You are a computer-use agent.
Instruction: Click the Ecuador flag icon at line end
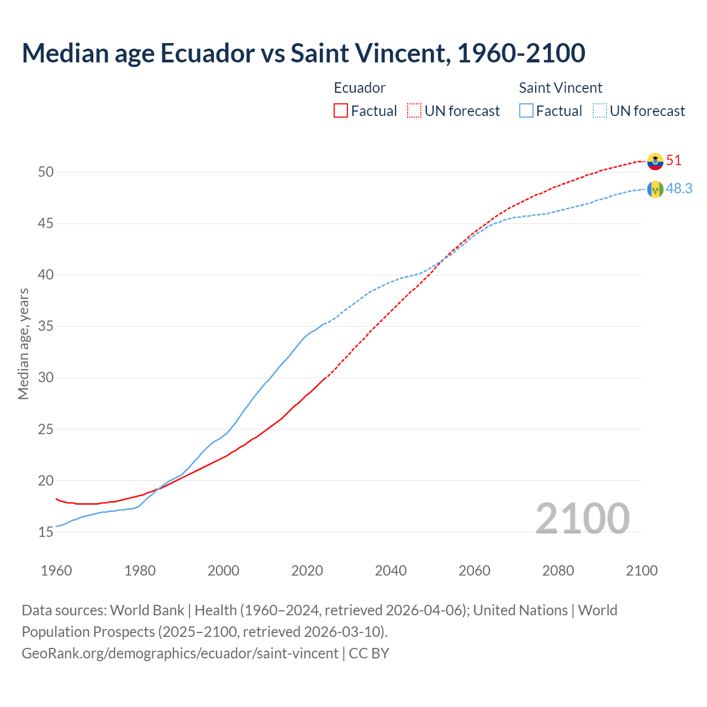tap(655, 161)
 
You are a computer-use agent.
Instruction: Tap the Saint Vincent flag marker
tap(655, 189)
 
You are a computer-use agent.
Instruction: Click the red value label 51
tap(674, 161)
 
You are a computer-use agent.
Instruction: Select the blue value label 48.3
tap(679, 189)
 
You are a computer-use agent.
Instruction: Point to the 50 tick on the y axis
tap(46, 172)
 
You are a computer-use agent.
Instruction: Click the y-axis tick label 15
tap(46, 532)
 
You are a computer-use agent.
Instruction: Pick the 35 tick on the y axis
tap(46, 326)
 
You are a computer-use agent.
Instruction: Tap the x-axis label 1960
tap(56, 571)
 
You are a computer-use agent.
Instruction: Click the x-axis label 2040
tap(391, 571)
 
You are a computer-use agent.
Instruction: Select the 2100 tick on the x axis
tap(641, 571)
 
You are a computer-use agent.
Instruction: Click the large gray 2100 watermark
tap(582, 518)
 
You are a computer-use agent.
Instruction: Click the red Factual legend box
tap(341, 110)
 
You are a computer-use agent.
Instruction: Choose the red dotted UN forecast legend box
tap(414, 110)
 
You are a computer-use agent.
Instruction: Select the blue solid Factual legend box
tap(526, 110)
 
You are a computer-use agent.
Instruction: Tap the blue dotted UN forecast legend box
tap(599, 110)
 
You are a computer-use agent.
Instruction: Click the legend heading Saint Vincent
tap(560, 88)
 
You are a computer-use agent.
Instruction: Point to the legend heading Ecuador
tap(360, 88)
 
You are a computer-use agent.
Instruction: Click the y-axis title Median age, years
tap(23, 344)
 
